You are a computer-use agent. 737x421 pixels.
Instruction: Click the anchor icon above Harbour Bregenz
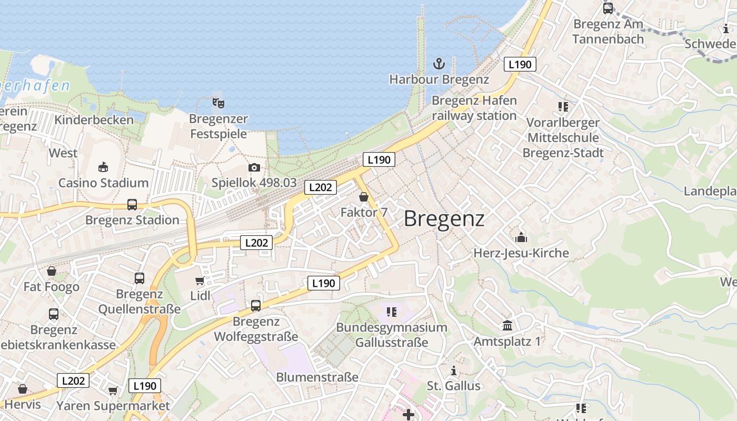pyautogui.click(x=439, y=64)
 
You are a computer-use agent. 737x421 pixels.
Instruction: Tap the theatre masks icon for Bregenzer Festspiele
pyautogui.click(x=218, y=103)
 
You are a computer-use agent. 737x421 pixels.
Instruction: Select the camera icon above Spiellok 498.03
pyautogui.click(x=254, y=168)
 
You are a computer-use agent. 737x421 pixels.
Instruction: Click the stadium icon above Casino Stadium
pyautogui.click(x=103, y=167)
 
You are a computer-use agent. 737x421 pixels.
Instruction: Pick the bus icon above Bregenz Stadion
pyautogui.click(x=132, y=205)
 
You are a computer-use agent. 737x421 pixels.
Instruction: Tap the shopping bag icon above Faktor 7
pyautogui.click(x=363, y=197)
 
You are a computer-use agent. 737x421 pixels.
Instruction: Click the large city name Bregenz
pyautogui.click(x=444, y=218)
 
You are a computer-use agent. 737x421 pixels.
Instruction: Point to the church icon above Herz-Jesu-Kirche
pyautogui.click(x=521, y=237)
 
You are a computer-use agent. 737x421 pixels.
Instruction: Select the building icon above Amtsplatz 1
pyautogui.click(x=507, y=326)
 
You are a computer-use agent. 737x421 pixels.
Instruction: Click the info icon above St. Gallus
pyautogui.click(x=453, y=370)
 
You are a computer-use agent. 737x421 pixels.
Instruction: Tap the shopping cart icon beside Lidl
pyautogui.click(x=200, y=281)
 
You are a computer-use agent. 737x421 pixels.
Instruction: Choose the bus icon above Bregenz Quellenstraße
pyautogui.click(x=140, y=278)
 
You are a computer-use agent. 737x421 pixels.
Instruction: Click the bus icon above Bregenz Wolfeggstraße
pyautogui.click(x=256, y=305)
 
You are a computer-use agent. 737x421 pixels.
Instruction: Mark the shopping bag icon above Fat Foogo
pyautogui.click(x=52, y=272)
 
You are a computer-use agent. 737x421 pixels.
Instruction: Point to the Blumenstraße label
pyautogui.click(x=317, y=377)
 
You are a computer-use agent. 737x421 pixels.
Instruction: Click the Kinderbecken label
pyautogui.click(x=94, y=120)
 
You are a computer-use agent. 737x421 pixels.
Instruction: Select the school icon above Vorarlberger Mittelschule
pyautogui.click(x=563, y=107)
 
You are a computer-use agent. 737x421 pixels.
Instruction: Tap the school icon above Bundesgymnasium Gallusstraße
pyautogui.click(x=391, y=312)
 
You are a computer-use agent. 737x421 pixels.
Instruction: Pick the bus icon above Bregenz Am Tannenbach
pyautogui.click(x=608, y=8)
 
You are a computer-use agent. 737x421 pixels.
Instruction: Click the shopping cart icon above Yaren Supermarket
pyautogui.click(x=113, y=390)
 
